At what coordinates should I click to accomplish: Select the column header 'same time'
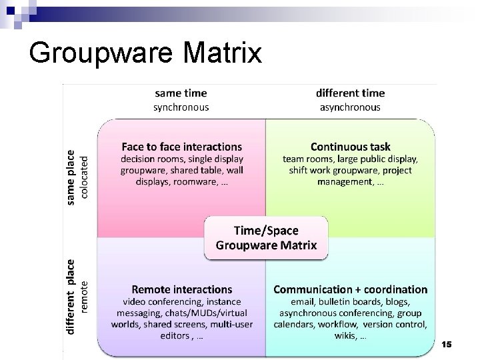click(181, 93)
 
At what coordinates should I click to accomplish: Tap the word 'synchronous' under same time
click(181, 107)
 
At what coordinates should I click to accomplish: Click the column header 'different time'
click(349, 93)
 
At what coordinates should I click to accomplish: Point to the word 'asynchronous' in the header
click(349, 107)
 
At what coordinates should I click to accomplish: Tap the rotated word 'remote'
click(84, 297)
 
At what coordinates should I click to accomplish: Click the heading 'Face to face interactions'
click(182, 146)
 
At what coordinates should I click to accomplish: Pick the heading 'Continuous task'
click(351, 146)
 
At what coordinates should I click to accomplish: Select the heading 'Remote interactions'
click(182, 289)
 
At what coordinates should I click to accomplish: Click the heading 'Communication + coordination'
click(351, 289)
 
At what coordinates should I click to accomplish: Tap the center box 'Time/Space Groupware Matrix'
click(267, 237)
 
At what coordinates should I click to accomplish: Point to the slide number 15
click(446, 344)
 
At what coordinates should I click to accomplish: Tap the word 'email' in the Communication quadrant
click(292, 301)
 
